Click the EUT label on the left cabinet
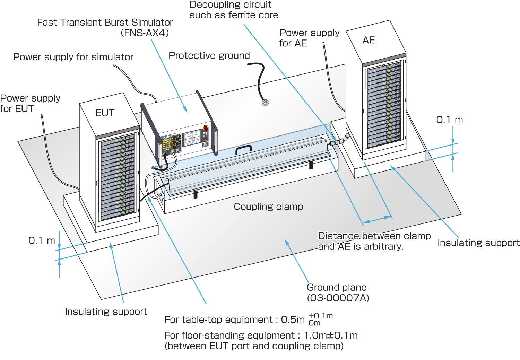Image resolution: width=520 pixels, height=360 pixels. point(105,113)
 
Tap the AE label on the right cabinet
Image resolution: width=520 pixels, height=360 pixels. point(369,40)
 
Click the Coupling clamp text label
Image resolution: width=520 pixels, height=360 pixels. point(268,207)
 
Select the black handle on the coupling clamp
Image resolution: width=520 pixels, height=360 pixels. point(243,149)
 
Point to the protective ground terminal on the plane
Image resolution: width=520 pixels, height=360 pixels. point(265,102)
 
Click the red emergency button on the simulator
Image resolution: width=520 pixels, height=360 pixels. point(205,128)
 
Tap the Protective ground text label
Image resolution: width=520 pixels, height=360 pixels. point(209,55)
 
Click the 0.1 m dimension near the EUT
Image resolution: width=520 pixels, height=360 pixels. point(42,240)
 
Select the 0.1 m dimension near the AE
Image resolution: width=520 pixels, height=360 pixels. point(449,120)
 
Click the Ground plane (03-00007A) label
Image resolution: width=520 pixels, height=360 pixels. point(338,292)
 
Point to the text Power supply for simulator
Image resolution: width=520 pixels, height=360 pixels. point(73,57)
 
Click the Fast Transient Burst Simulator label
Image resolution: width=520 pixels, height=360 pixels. point(105,23)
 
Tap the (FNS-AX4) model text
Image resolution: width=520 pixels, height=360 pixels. point(145,33)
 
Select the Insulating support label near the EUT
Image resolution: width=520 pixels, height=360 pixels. point(106,311)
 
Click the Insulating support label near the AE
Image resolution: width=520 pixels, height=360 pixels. point(478,243)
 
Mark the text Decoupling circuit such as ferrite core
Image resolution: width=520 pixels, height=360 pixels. point(234,10)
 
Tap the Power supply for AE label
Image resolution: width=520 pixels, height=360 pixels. point(309,38)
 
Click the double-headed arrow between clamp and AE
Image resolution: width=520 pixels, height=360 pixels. point(376,219)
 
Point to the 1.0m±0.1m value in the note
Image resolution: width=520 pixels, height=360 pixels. point(331,335)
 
